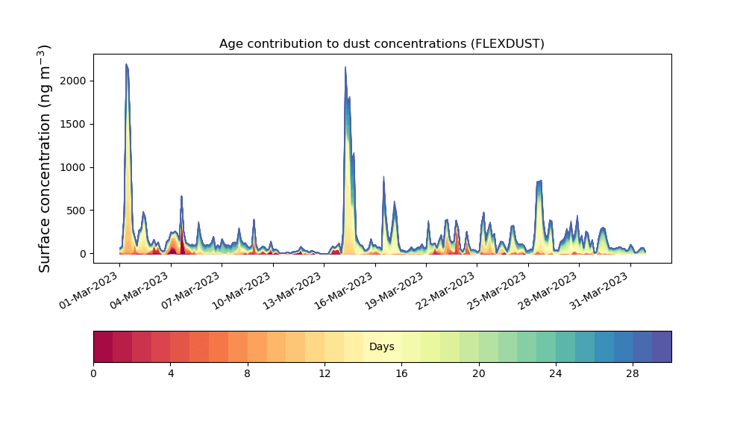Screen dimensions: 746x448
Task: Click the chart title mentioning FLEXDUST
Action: point(381,44)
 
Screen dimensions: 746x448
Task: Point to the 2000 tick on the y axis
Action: point(73,81)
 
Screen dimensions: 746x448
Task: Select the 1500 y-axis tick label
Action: point(73,124)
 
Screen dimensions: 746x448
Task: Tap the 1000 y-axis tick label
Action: point(73,167)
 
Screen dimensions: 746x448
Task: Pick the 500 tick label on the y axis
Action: point(77,211)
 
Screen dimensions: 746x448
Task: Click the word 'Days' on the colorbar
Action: point(381,346)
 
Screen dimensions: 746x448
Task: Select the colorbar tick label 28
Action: point(633,374)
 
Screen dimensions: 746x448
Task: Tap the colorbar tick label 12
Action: point(325,374)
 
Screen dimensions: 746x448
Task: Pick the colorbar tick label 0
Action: point(93,374)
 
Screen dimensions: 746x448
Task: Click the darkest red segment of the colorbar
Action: point(103,346)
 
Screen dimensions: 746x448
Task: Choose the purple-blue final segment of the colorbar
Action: point(662,346)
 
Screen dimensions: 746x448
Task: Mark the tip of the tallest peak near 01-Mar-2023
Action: point(126,63)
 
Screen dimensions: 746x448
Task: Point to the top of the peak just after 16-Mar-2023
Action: point(345,66)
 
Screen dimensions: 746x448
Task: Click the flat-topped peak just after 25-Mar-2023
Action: point(539,181)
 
